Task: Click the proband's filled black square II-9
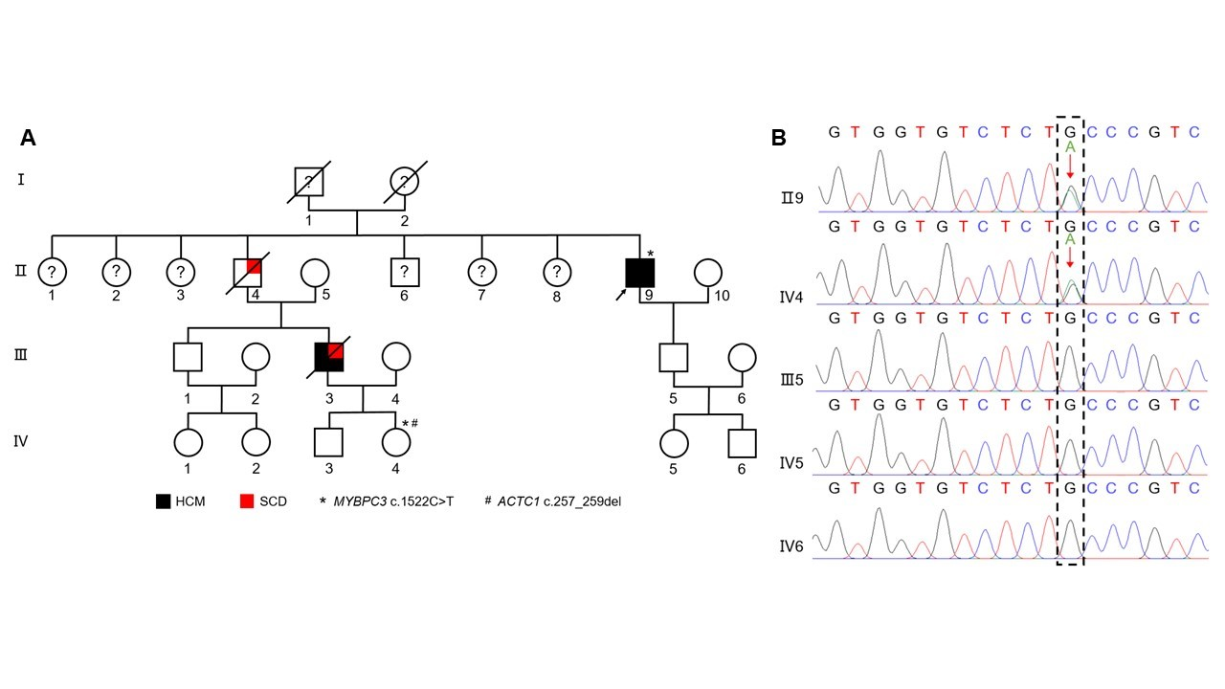tap(639, 273)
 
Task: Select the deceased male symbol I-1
tap(308, 180)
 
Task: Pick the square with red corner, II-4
tap(248, 273)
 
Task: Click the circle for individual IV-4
tap(395, 442)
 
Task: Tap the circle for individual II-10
tap(707, 273)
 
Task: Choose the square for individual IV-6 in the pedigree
tap(742, 442)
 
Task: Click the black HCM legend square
tap(164, 501)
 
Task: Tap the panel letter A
tap(29, 138)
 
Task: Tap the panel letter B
tap(778, 138)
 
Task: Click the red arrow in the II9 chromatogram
tap(1070, 167)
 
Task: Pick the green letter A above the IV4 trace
tap(1070, 239)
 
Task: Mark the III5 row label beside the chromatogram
tap(792, 378)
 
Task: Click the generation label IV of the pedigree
tap(21, 442)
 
